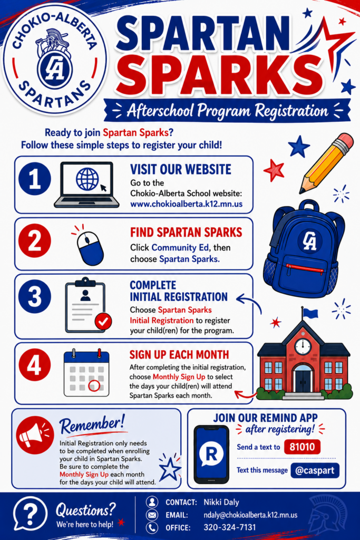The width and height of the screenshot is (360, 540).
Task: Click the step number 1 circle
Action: pos(35,179)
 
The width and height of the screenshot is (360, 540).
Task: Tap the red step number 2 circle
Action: pos(35,240)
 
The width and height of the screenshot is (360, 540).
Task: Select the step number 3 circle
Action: pos(35,296)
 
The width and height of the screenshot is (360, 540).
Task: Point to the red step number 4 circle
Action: pos(35,364)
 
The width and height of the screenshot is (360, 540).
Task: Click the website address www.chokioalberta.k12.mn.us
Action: pos(186,204)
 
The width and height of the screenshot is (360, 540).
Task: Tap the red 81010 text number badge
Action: pos(302,447)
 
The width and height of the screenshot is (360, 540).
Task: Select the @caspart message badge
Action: pos(315,470)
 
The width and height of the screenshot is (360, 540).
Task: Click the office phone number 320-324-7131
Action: pos(230,527)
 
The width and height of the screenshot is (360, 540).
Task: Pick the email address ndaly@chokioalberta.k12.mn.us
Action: pos(250,515)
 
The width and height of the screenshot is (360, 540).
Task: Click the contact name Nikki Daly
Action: pos(221,502)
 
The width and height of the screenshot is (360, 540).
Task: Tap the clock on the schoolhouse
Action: pos(303,345)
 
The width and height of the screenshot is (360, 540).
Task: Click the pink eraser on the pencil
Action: pos(344,142)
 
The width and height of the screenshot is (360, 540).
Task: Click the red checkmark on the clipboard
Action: pos(103,321)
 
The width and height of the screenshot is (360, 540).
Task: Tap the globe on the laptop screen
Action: pos(87,179)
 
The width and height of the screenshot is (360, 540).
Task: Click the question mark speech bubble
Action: pos(30,514)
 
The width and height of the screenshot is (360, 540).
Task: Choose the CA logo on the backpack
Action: pos(309,240)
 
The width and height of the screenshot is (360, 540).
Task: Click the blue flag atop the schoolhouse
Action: pos(310,313)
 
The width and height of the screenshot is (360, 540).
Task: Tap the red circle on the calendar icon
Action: pos(94,385)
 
